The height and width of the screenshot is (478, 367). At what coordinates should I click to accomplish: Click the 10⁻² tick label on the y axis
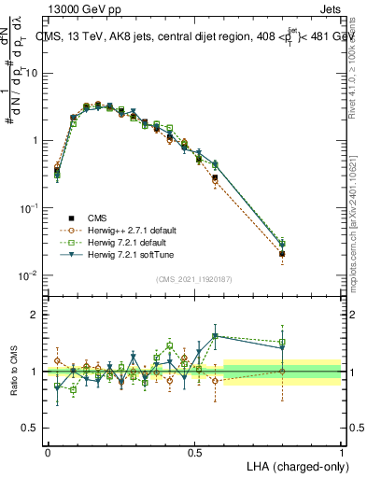pyautogui.click(x=29, y=275)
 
